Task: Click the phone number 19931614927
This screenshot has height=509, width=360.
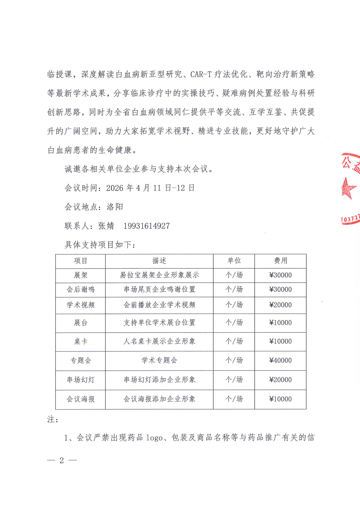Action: click(x=146, y=226)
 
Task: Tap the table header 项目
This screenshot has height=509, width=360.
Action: click(x=81, y=261)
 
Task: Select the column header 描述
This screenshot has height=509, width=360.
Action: click(x=159, y=261)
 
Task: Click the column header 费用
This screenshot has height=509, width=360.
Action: click(x=280, y=261)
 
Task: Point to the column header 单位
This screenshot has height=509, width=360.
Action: click(x=234, y=261)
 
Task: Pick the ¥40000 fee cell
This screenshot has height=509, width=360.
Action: click(x=280, y=360)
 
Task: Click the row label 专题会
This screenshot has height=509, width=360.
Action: click(x=81, y=360)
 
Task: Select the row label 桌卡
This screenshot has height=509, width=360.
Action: click(x=81, y=341)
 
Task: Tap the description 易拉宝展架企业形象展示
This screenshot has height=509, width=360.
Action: click(x=159, y=275)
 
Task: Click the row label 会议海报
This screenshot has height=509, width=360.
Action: click(x=81, y=399)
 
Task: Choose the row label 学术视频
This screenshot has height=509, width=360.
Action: click(x=81, y=305)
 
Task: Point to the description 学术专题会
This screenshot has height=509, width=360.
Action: click(x=159, y=360)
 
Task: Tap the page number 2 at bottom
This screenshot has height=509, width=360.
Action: click(x=62, y=460)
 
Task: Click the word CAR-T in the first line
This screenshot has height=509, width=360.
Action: click(x=201, y=74)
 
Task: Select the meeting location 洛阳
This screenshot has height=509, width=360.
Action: click(x=115, y=207)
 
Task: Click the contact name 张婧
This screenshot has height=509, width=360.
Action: click(x=106, y=226)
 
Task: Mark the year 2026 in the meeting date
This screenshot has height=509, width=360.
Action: click(x=115, y=188)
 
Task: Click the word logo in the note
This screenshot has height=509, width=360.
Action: click(x=154, y=438)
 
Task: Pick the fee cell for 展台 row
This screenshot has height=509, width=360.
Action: click(x=280, y=323)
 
